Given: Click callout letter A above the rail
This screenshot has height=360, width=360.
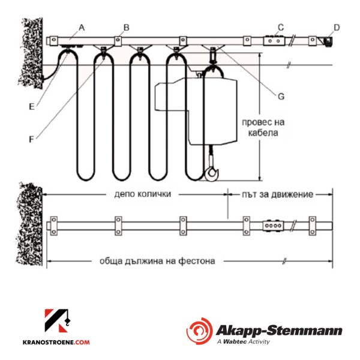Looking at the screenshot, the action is click(82, 28).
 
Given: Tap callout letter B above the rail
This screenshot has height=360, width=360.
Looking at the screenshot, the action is click(126, 28).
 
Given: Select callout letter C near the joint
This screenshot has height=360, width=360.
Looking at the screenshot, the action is click(281, 28).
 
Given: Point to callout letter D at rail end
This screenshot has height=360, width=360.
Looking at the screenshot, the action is click(337, 28).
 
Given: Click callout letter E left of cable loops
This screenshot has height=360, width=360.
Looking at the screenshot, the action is click(32, 107).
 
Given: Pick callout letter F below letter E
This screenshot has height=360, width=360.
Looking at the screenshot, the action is click(31, 139).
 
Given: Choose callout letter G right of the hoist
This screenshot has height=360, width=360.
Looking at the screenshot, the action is click(281, 96).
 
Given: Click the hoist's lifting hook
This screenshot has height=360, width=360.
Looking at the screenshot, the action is click(212, 173).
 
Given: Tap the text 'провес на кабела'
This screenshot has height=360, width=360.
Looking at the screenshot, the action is click(263, 127).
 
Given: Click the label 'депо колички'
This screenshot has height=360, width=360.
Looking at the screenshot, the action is click(143, 194).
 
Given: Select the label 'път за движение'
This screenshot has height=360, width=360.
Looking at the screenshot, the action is click(278, 194).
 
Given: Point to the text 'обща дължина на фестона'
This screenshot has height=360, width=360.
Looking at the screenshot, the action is click(157, 261).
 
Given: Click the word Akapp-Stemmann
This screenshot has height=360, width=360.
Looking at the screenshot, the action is click(279, 331).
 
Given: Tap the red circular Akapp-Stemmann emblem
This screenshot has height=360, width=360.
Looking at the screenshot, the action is click(199, 331).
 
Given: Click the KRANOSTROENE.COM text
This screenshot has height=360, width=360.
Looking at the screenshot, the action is click(56, 343).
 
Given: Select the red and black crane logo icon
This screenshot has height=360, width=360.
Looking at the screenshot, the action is click(58, 321).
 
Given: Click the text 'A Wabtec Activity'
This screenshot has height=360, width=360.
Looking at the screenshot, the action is click(243, 341).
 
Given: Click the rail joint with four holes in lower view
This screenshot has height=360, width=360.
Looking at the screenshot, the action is click(273, 226).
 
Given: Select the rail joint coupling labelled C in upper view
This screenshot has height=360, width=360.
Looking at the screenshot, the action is click(274, 40).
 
